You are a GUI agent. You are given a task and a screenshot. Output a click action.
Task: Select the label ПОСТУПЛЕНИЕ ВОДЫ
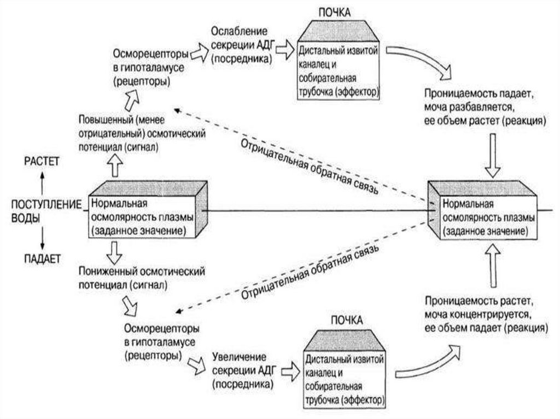43,210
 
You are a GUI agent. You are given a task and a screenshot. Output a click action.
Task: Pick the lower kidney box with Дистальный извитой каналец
345,379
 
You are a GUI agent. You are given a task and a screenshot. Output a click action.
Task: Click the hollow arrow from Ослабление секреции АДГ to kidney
284,50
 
